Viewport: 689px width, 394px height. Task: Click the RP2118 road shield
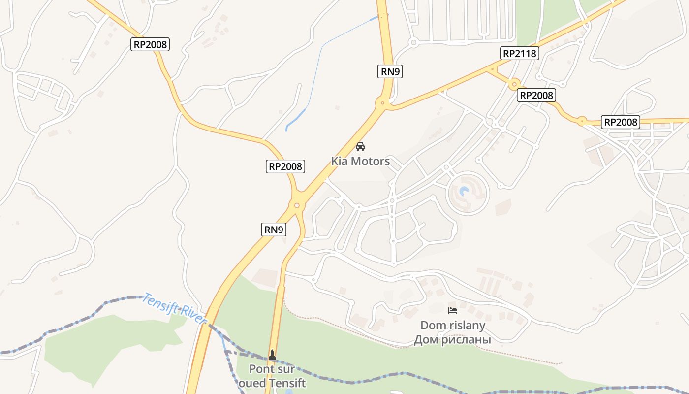[520, 53]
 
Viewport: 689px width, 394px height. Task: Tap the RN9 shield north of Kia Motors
[391, 71]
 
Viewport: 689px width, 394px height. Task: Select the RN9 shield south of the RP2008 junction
[274, 229]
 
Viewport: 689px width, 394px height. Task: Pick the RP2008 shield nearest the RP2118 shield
[536, 95]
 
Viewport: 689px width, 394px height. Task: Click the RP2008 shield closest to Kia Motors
[285, 166]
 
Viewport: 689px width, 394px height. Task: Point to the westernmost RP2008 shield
[151, 44]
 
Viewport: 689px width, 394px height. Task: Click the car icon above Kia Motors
[360, 147]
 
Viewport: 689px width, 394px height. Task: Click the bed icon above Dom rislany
[453, 311]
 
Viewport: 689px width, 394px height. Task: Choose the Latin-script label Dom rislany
[452, 326]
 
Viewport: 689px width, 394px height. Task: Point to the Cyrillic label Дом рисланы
[452, 339]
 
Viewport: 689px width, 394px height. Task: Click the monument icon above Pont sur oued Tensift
[272, 355]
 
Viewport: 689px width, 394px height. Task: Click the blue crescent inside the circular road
[464, 191]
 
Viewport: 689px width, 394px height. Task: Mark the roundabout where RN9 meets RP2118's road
[382, 103]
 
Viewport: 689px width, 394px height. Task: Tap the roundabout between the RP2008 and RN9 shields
[297, 205]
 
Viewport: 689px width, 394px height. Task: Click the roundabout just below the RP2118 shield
[515, 84]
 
